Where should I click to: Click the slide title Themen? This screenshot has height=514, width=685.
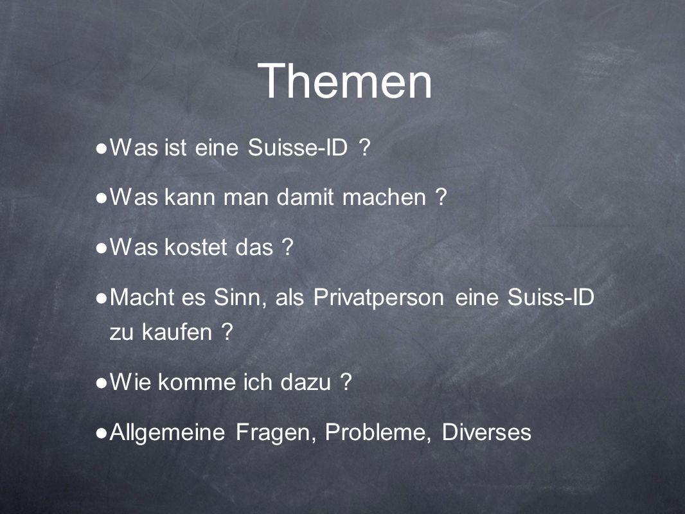345,81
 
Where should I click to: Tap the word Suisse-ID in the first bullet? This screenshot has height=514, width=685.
298,147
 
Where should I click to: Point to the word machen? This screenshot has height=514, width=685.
384,197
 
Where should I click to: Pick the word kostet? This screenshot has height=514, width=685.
196,247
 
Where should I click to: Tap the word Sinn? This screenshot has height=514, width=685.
240,297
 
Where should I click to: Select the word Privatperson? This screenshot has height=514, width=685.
378,298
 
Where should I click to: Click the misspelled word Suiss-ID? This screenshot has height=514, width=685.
551,297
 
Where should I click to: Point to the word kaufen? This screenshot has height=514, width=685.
177,332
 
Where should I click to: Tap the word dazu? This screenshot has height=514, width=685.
305,382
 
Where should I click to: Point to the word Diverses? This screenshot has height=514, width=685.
486,432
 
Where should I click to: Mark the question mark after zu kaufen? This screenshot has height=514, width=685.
227,332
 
